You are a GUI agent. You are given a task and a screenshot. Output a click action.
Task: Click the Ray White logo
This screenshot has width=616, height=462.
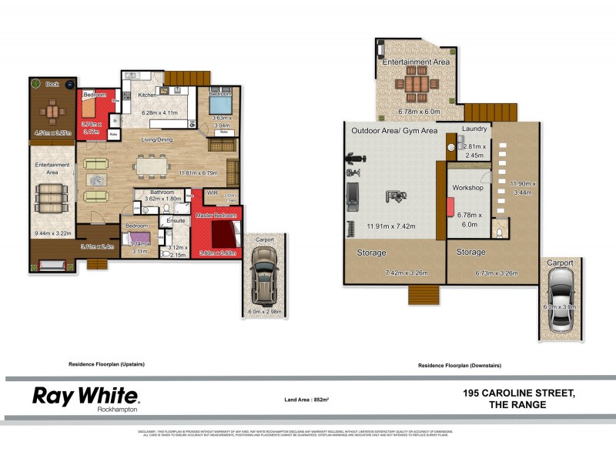point(85,397)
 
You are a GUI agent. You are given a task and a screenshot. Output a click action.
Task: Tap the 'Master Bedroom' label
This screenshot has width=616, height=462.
point(216,215)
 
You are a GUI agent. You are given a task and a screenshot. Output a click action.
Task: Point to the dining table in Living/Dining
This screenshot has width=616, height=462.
point(151,165)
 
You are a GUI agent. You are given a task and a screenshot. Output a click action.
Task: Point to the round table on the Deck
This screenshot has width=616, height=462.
point(52,112)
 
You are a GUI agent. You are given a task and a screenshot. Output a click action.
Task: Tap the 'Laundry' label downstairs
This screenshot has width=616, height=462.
point(474,129)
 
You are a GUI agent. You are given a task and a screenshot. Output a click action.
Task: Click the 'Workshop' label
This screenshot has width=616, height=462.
point(467,187)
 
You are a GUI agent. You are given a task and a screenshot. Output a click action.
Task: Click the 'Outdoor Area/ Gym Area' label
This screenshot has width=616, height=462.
point(394,131)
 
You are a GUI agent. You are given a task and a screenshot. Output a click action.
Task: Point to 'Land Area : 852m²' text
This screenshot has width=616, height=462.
point(307,400)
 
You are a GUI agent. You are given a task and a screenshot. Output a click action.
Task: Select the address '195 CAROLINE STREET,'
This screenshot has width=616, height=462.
point(519,393)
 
